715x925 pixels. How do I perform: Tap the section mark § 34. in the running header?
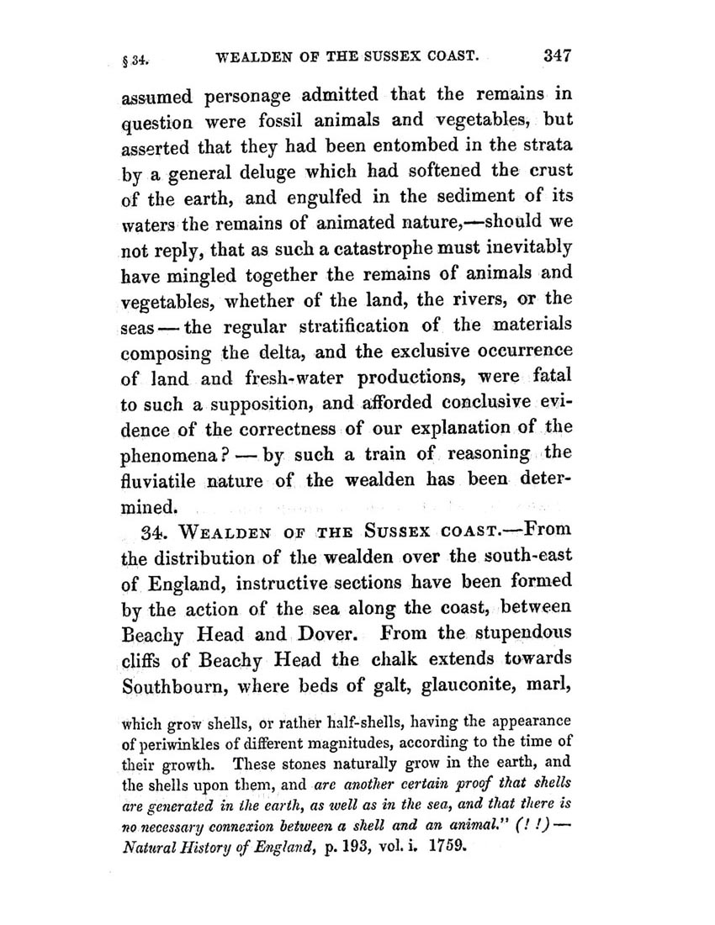click(x=138, y=61)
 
